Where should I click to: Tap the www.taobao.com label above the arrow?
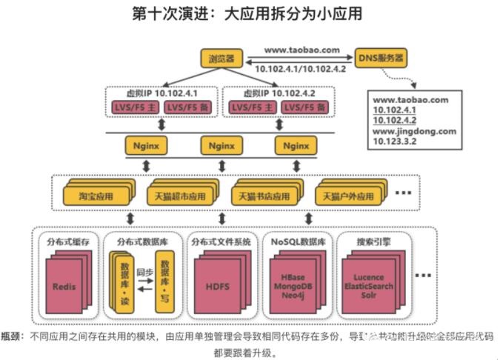pyautogui.click(x=301, y=50)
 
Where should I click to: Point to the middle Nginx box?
pyautogui.click(x=221, y=145)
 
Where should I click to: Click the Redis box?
pyautogui.click(x=64, y=286)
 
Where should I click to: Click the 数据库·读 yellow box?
pyautogui.click(x=124, y=282)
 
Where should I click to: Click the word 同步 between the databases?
pyautogui.click(x=144, y=272)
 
